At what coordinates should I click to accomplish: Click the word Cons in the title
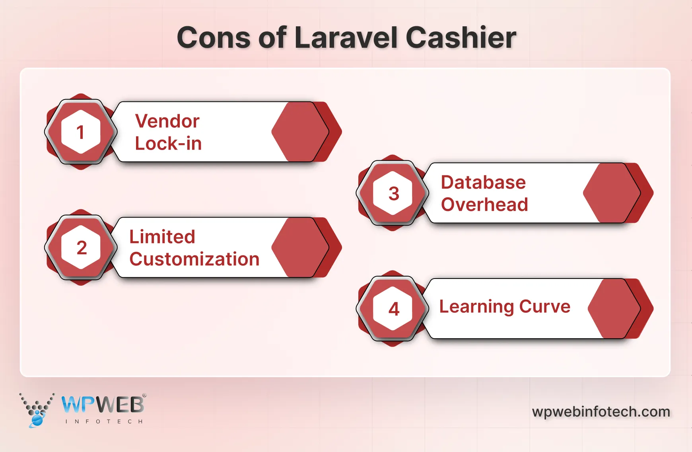(214, 38)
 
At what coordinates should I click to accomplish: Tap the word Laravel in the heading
(346, 38)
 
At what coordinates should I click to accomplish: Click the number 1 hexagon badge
(81, 132)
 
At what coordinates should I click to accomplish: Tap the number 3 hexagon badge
(393, 193)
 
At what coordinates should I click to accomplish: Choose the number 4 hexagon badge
(393, 309)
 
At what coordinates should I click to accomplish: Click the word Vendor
(167, 121)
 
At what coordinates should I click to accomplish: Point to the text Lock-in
(168, 144)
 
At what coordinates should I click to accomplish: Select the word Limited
(162, 237)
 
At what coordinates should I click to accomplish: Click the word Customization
(194, 259)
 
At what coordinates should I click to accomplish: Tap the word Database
(483, 183)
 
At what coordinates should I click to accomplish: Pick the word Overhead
(484, 205)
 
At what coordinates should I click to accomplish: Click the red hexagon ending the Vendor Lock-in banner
(300, 132)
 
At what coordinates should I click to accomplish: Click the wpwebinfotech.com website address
(601, 411)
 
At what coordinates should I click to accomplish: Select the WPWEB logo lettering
(103, 405)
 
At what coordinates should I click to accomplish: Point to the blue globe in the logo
(37, 419)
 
